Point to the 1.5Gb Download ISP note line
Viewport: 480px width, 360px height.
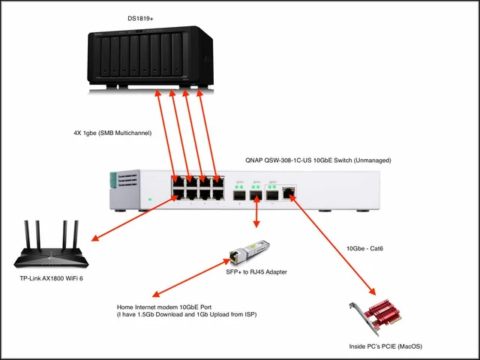tap(187, 315)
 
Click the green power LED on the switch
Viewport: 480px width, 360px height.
tap(150, 199)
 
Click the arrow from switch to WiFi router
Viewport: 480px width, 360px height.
tap(135, 217)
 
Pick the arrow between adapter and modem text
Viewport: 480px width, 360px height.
tap(188, 277)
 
